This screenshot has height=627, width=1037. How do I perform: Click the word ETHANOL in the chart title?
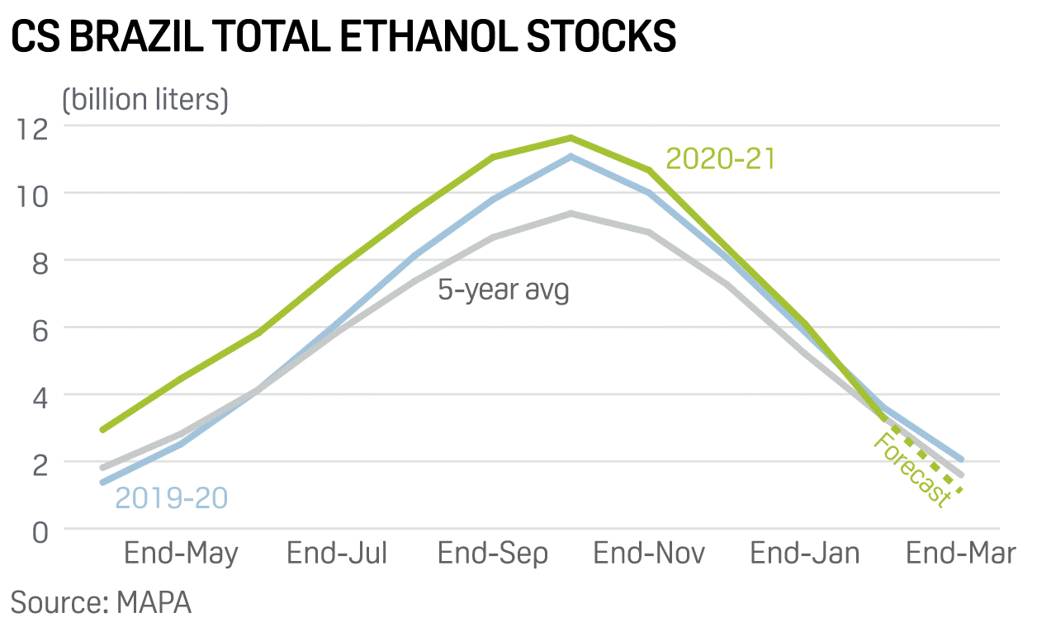coord(429,36)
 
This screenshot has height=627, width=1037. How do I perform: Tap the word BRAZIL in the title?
coord(137,36)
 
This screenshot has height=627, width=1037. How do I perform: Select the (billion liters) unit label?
coord(145,100)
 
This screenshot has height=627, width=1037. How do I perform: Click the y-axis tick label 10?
coord(32,196)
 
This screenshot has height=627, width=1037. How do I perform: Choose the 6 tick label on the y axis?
coord(40,331)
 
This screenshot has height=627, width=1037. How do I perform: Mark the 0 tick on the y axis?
coord(40,533)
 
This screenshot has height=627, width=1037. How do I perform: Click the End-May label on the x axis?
coord(181,554)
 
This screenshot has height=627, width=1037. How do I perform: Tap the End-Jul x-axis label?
coord(337,553)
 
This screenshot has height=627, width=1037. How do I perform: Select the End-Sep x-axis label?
coord(493,554)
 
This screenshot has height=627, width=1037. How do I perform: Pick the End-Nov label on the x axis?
coord(649,553)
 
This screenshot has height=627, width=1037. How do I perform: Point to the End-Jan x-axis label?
coord(805,553)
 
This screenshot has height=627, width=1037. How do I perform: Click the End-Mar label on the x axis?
coord(960,553)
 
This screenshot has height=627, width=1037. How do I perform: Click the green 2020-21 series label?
coord(720,158)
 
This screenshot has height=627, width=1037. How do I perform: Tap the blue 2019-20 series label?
coord(171,498)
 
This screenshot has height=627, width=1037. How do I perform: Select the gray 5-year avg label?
coord(503,290)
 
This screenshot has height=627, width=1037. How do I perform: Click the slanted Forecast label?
coord(912,470)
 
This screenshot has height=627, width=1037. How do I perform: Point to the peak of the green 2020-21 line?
coord(571,138)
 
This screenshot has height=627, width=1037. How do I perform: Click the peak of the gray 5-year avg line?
coord(571,214)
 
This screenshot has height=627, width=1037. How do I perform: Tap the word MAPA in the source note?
coord(154,602)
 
